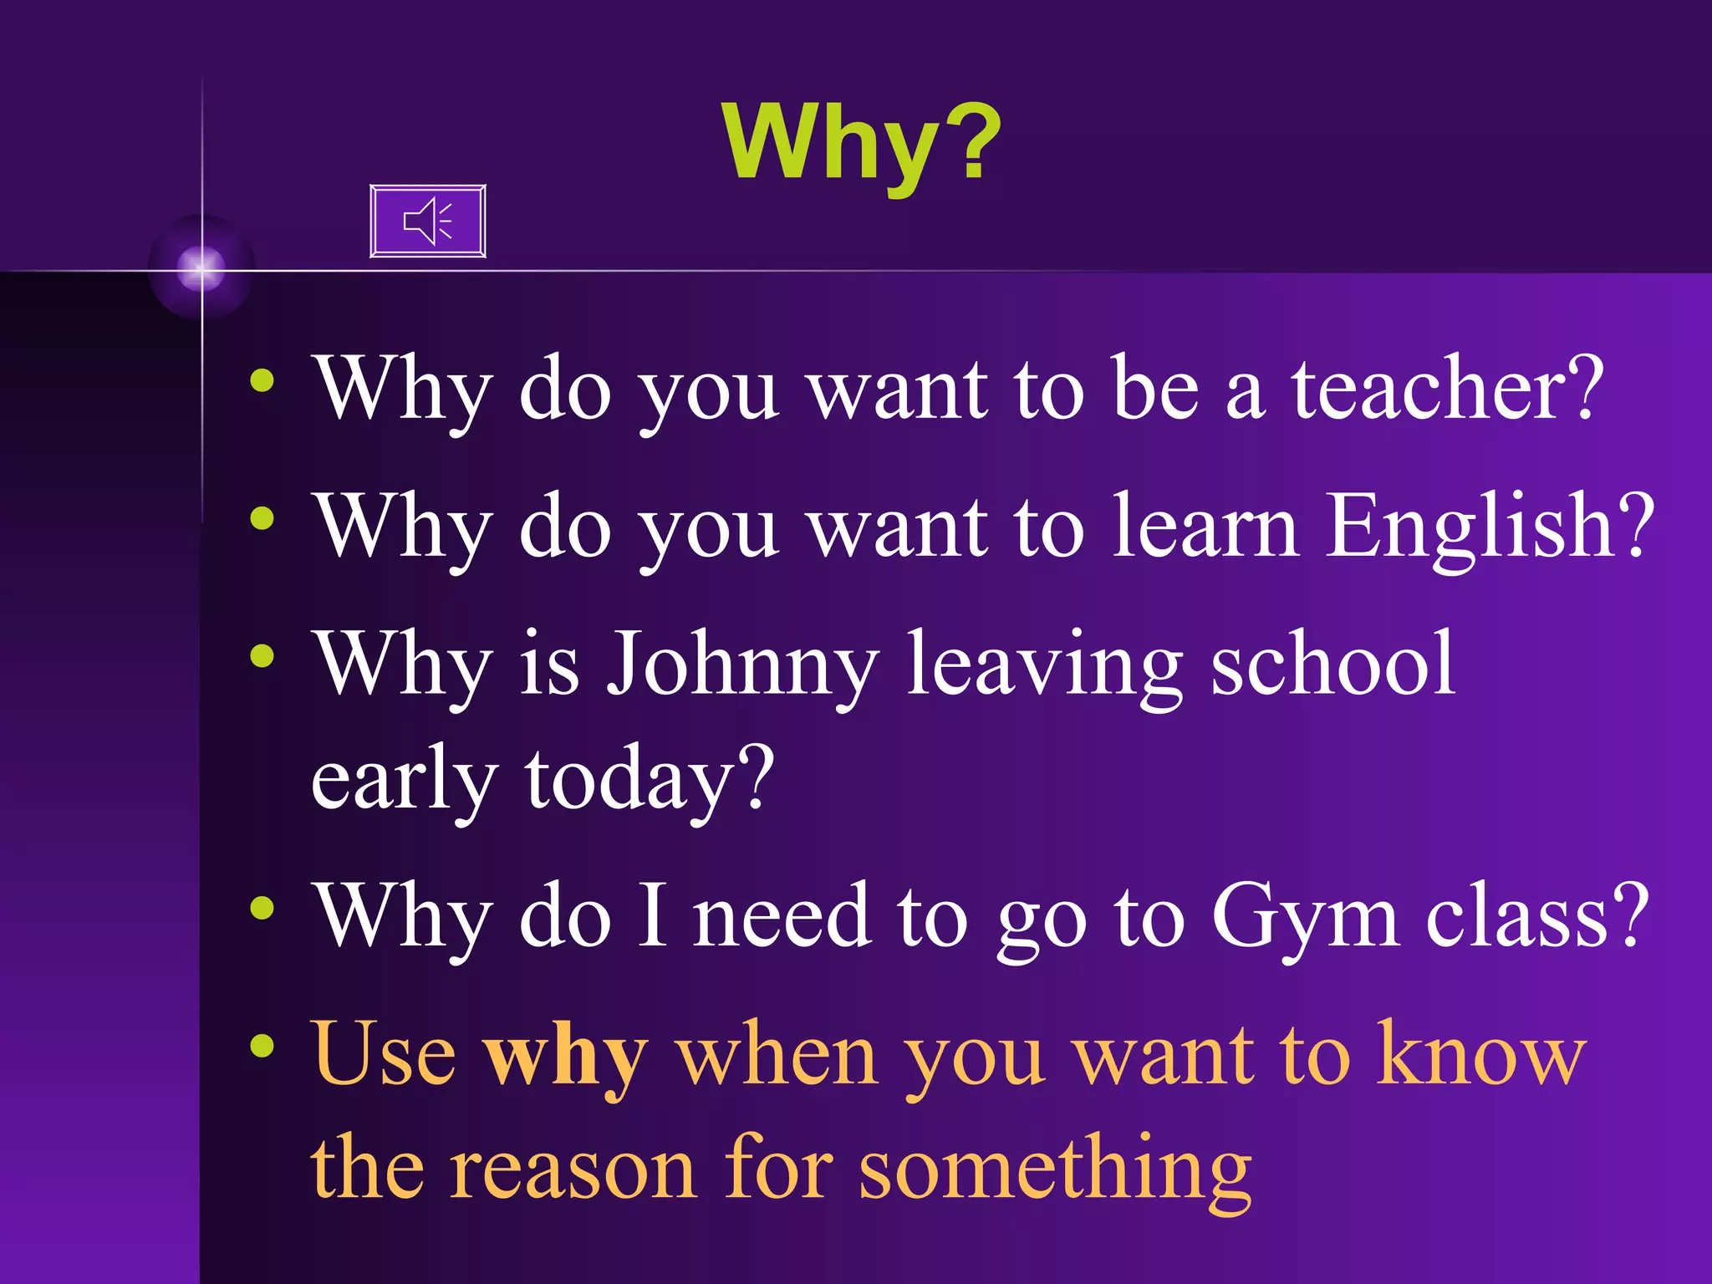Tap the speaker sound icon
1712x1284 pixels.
coord(427,222)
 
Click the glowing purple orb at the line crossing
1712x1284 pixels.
coord(201,268)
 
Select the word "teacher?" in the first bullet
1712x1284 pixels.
coord(1447,388)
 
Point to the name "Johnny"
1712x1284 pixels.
coord(741,665)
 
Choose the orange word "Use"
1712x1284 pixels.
coord(384,1055)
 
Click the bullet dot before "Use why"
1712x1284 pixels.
coord(262,1046)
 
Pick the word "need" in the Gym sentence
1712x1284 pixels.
coord(781,916)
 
